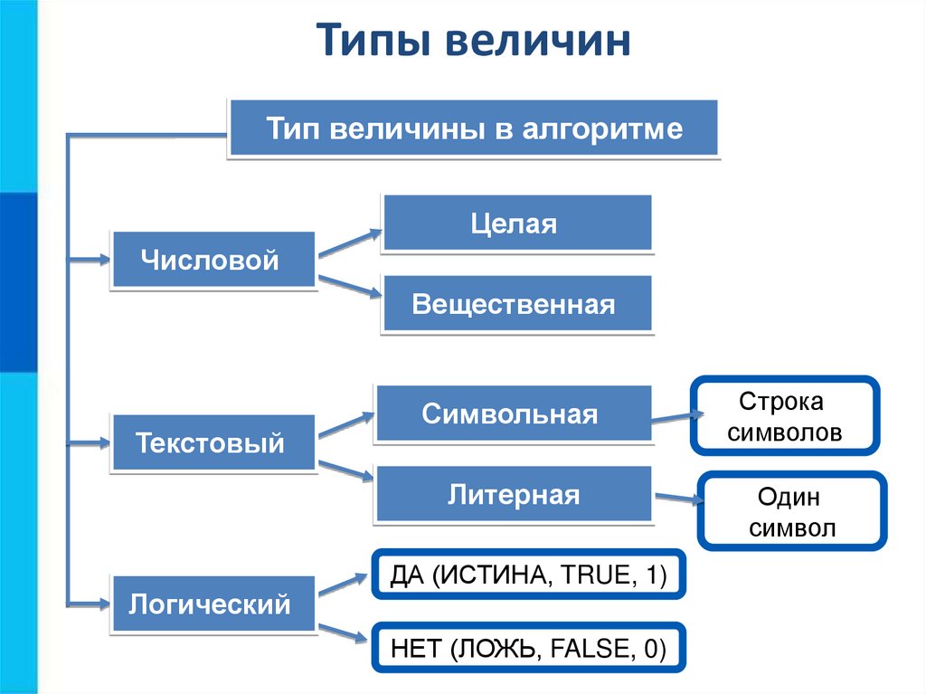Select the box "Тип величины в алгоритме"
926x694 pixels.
click(474, 128)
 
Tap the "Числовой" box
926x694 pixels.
click(213, 261)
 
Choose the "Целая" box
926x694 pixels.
click(517, 223)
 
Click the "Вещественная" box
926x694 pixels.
click(516, 304)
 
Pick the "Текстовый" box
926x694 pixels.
click(213, 443)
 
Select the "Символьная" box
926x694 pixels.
click(513, 414)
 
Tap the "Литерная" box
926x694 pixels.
click(513, 495)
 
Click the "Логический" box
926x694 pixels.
click(213, 604)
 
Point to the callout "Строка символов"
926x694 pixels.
click(784, 416)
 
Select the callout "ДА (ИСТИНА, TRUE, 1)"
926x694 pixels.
click(528, 574)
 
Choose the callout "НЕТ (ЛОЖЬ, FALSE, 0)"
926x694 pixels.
click(528, 647)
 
